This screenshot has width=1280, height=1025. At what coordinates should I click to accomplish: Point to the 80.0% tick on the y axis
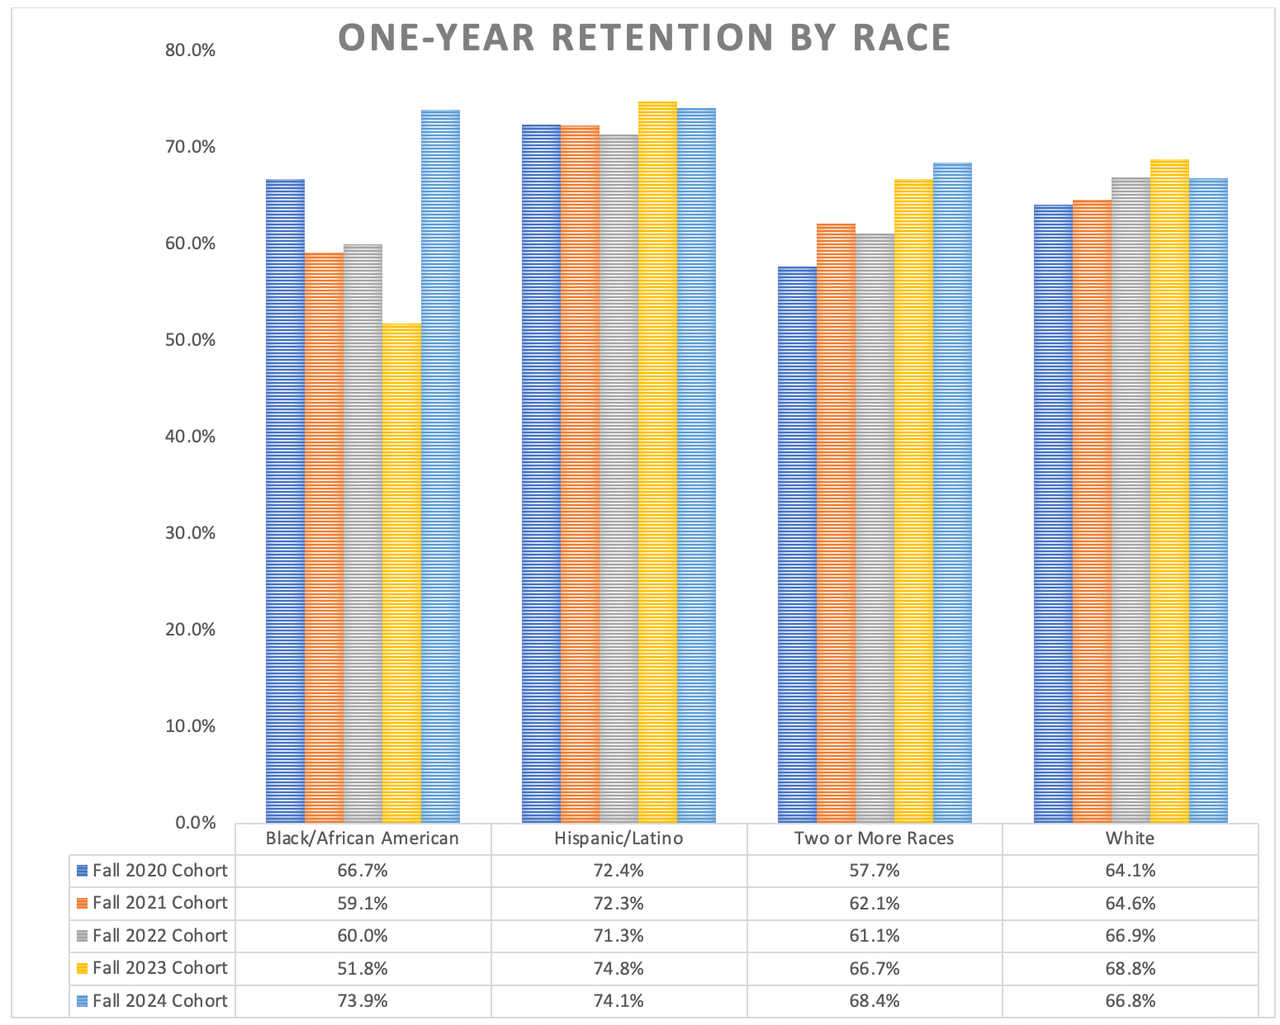[x=190, y=50]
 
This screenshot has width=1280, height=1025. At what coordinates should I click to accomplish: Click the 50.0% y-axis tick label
[x=190, y=340]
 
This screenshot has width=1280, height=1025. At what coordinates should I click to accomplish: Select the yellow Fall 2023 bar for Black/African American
[x=401, y=573]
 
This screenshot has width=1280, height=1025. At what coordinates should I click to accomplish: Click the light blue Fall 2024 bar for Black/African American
[x=440, y=466]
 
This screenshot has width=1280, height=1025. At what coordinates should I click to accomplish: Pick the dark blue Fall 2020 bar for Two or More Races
[x=797, y=545]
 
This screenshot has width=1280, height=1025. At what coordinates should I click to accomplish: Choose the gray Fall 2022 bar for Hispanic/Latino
[x=619, y=479]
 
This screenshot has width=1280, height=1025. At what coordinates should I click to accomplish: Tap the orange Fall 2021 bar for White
[x=1092, y=512]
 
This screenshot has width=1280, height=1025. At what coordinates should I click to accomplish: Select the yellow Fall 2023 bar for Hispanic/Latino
[x=657, y=462]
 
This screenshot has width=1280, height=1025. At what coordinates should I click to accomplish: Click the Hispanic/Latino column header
[x=619, y=838]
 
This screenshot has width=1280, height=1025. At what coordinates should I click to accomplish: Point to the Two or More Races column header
[x=874, y=838]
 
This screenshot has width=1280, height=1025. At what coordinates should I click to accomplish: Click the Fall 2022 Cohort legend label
[x=159, y=935]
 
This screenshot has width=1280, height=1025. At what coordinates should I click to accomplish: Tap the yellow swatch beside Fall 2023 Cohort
[x=82, y=968]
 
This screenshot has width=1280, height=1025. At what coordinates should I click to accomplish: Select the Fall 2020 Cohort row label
[x=159, y=870]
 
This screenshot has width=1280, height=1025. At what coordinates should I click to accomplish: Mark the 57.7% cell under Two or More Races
[x=874, y=870]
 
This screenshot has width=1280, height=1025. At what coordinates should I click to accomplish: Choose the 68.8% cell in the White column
[x=1130, y=968]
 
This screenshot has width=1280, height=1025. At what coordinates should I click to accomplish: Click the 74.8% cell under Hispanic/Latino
[x=619, y=968]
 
